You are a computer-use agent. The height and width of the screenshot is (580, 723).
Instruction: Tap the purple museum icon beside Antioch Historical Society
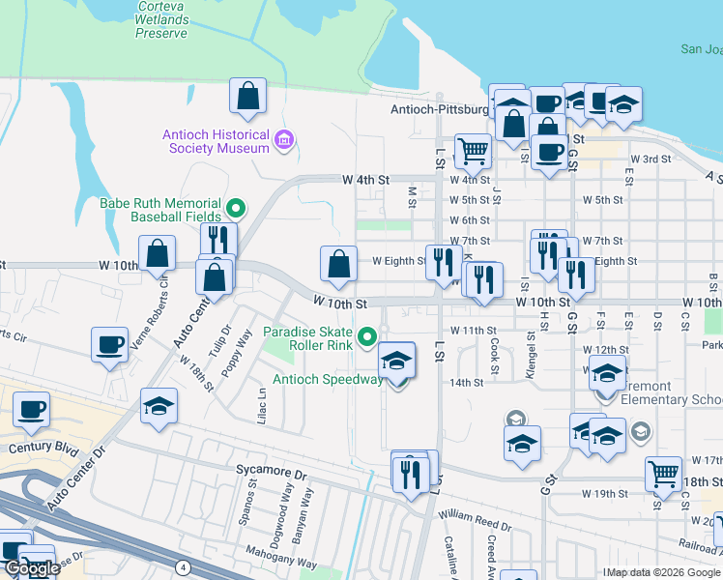(283, 141)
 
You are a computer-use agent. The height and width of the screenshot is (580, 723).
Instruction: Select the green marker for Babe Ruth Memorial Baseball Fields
(234, 209)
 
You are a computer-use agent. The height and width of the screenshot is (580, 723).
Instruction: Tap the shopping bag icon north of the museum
(248, 96)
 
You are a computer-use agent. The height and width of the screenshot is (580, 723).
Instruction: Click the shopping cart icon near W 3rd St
(473, 150)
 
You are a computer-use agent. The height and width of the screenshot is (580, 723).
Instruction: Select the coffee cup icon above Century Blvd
(31, 409)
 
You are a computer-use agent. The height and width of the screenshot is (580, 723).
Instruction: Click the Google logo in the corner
(33, 568)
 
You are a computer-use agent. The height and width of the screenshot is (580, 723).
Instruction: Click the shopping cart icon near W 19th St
(662, 473)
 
